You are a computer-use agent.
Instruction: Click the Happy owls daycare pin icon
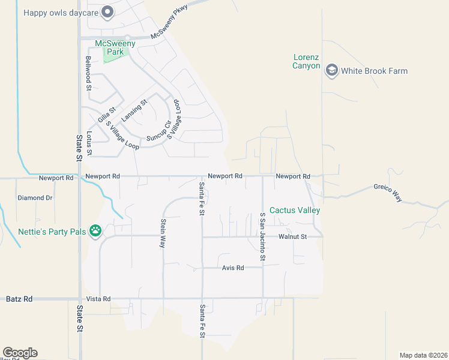(107, 12)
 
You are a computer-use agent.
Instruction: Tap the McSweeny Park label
(115, 47)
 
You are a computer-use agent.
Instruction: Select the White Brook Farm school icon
(331, 71)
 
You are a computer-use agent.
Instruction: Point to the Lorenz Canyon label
(306, 62)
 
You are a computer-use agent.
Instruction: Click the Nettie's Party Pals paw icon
(95, 230)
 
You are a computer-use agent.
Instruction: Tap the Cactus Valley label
(295, 210)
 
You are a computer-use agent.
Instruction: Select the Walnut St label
(292, 237)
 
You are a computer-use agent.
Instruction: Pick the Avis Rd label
(232, 268)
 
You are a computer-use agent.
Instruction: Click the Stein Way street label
(163, 233)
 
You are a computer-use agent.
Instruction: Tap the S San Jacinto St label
(262, 236)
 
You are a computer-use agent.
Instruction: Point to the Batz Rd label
(19, 299)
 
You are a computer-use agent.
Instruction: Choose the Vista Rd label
(98, 299)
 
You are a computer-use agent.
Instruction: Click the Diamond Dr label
(35, 197)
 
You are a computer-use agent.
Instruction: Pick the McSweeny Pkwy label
(169, 22)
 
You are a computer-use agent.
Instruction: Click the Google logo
(20, 353)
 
